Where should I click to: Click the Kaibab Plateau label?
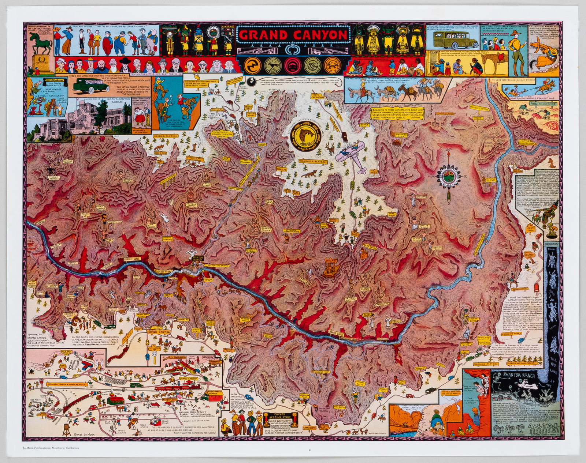tap(168, 136)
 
